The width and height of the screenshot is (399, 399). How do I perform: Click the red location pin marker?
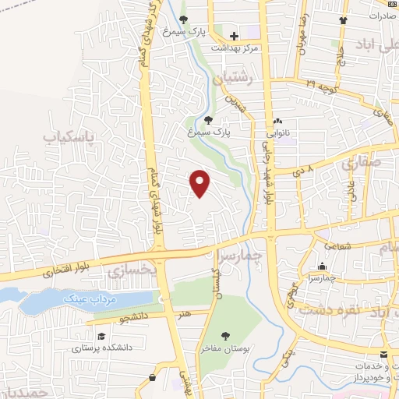(200, 183)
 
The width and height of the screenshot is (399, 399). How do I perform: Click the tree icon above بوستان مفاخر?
(225, 336)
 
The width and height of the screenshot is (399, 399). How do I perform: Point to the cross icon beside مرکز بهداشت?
(234, 36)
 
